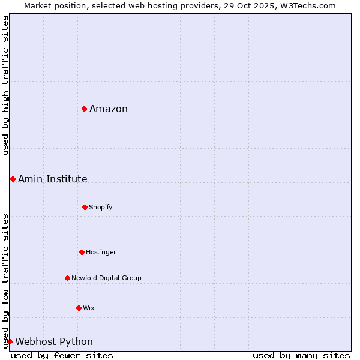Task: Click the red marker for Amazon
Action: coord(85,109)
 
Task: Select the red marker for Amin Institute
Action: coord(13,179)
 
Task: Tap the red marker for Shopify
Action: coord(85,207)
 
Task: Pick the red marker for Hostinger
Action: coord(82,252)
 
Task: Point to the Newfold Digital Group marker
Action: coord(67,278)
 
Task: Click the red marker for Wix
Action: coord(79,308)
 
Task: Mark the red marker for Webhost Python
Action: coord(10,341)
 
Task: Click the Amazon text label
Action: coord(109,109)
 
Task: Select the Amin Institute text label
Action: coord(53,179)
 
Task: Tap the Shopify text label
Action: coord(101,207)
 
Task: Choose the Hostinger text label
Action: coord(101,252)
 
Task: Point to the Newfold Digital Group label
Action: coord(106,278)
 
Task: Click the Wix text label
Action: coord(89,308)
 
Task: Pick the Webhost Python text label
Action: coord(54,341)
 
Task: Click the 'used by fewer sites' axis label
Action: coord(62,355)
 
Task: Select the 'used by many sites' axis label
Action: coord(301,355)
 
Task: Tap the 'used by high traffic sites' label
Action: coord(5,85)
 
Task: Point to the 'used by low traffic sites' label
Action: coord(5,281)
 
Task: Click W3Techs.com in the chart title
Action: coord(307,5)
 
